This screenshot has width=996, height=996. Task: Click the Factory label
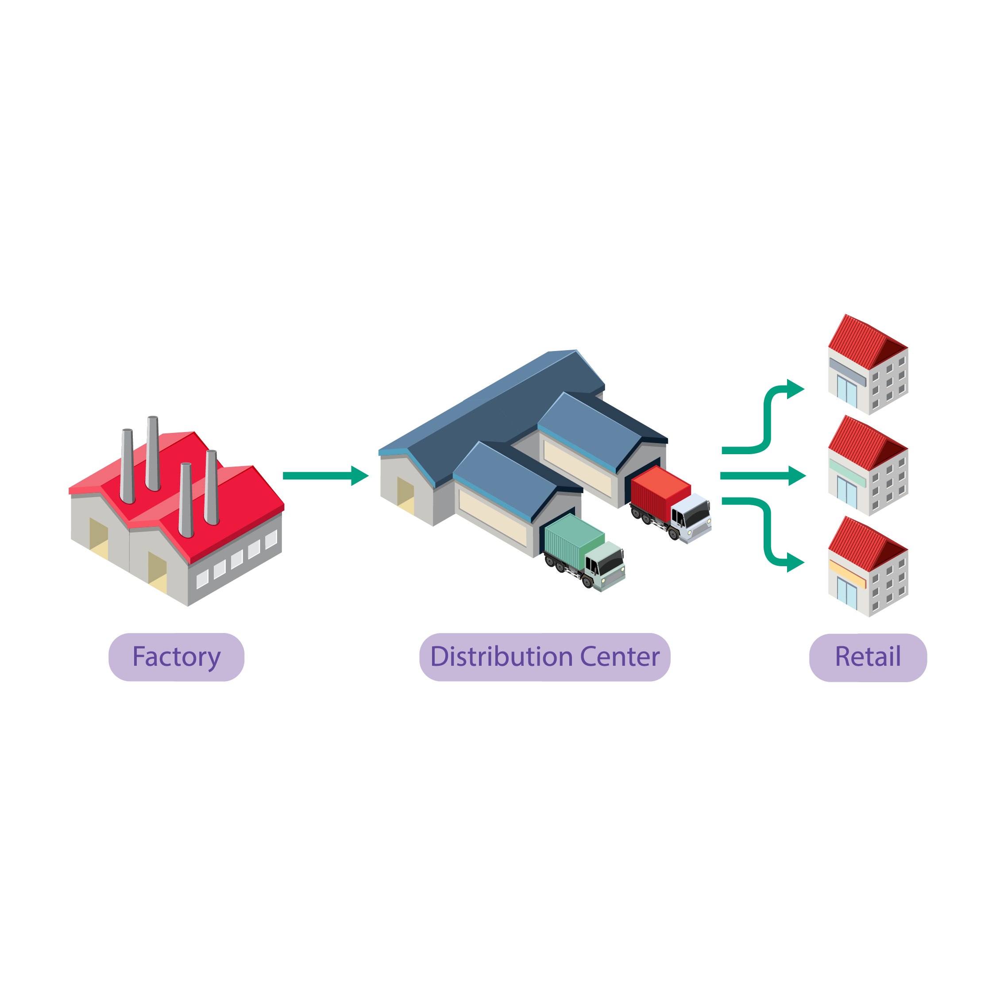pyautogui.click(x=176, y=657)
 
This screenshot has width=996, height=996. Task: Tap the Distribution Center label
pyautogui.click(x=544, y=657)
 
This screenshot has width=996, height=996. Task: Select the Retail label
pyautogui.click(x=868, y=657)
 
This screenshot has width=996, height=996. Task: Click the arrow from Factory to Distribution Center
pyautogui.click(x=325, y=475)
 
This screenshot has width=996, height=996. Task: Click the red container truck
pyautogui.click(x=670, y=502)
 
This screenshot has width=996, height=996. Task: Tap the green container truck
pyautogui.click(x=585, y=552)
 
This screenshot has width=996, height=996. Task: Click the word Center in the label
pyautogui.click(x=620, y=657)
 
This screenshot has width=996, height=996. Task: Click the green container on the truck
pyautogui.click(x=573, y=539)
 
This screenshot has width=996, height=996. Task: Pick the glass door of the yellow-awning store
pyautogui.click(x=846, y=593)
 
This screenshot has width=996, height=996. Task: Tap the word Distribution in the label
pyautogui.click(x=502, y=657)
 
